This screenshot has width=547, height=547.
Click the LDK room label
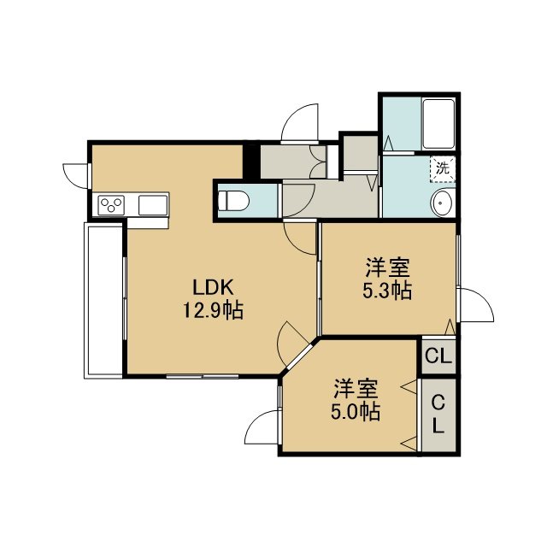click(213, 288)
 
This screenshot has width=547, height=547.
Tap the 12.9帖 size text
click(213, 310)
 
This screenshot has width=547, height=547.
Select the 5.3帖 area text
click(387, 291)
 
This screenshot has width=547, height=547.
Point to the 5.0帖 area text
click(356, 412)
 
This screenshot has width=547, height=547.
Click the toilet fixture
click(233, 201)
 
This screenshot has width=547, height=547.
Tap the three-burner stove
click(111, 205)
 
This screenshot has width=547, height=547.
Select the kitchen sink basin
click(153, 205)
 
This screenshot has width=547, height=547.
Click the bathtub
click(438, 124)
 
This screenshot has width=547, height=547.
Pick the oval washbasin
click(442, 203)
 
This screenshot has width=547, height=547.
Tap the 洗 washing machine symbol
click(443, 169)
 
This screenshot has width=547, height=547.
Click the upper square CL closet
click(438, 356)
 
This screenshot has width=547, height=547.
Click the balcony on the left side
click(103, 300)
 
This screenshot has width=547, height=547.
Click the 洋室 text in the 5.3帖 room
click(387, 268)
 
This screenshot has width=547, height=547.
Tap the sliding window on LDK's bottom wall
click(203, 376)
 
